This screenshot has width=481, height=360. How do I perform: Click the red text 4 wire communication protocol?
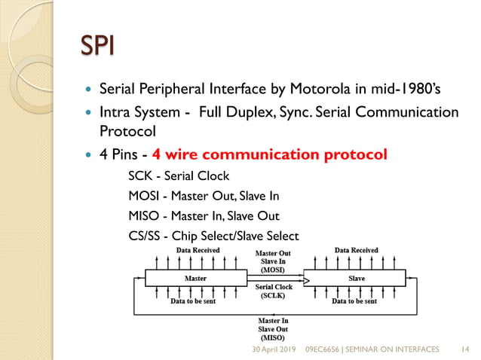(269, 155)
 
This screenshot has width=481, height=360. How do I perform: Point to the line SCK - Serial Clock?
(179, 177)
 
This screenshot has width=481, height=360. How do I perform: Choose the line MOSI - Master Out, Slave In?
(204, 197)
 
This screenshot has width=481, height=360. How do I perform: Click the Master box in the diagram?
(195, 279)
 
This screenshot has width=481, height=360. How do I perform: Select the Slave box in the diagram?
(356, 279)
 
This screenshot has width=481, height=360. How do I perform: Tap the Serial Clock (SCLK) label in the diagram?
(274, 291)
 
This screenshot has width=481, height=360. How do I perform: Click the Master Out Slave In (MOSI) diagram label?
(273, 261)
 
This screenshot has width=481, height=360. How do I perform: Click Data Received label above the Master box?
(198, 250)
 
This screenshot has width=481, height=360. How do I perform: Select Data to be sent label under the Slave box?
(354, 301)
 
